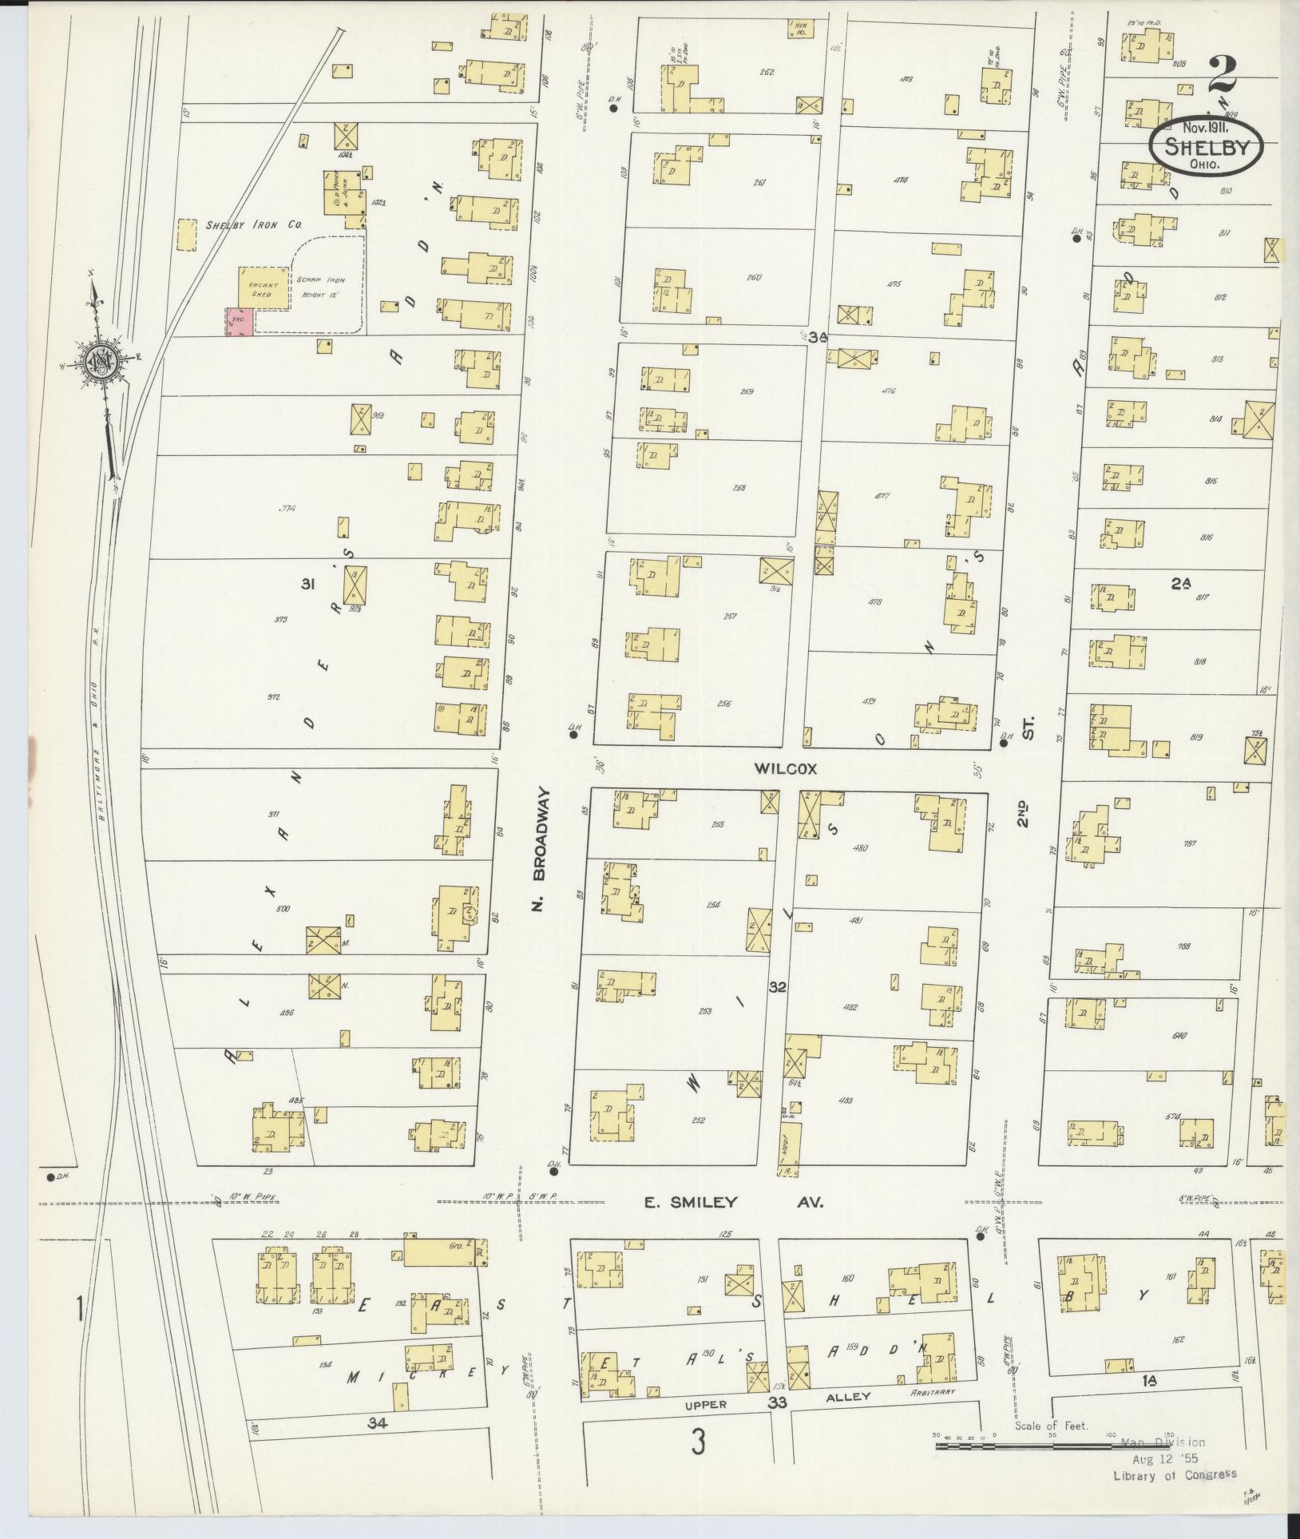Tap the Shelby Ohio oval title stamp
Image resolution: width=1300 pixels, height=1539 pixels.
click(x=1206, y=145)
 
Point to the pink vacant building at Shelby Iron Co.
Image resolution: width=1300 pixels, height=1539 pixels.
click(x=240, y=321)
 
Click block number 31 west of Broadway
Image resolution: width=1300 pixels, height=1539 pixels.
click(x=307, y=585)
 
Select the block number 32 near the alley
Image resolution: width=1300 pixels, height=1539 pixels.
click(x=776, y=987)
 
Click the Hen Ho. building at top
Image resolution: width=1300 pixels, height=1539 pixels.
click(x=799, y=30)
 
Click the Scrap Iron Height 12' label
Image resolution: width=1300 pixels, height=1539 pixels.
click(x=327, y=286)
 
